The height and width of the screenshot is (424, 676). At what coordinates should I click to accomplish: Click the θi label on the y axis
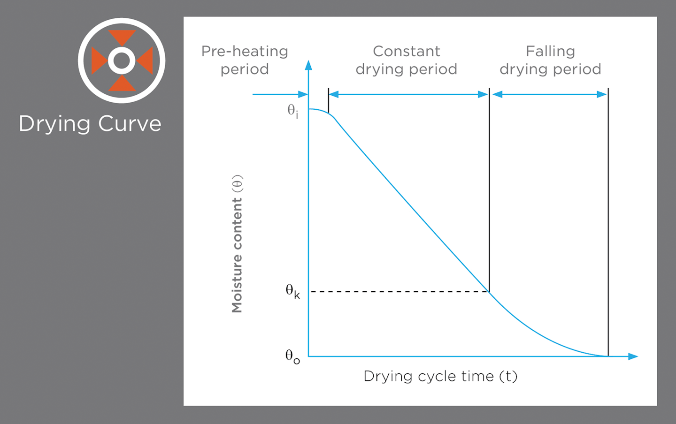pos(292,112)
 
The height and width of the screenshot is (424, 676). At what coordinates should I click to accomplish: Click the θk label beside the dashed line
pos(292,291)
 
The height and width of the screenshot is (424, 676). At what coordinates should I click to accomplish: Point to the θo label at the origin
pos(292,356)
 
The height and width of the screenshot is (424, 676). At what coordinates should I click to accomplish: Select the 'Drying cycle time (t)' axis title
pos(440,376)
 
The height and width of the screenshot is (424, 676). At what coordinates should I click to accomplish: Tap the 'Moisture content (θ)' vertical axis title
pos(238,243)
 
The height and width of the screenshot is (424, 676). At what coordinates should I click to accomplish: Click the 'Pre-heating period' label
pos(245,60)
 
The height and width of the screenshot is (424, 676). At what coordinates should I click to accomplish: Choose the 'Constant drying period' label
pos(406,60)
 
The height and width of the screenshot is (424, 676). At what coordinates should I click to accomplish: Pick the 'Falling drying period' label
pos(550,60)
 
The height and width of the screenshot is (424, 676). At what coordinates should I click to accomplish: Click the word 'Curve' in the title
pos(130,124)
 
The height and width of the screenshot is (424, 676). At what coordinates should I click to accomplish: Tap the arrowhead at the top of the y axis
pos(308,66)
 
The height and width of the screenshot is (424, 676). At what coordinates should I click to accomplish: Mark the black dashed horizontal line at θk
pos(399,292)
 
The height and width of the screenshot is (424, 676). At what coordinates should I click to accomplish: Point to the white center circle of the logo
pos(122,61)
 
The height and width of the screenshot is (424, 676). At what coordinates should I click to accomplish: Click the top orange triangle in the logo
pos(122,37)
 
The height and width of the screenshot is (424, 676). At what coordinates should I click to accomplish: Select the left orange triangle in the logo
pos(98,61)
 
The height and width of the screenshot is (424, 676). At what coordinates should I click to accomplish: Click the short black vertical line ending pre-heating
pos(328,100)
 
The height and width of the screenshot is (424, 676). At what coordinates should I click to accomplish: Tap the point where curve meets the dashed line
pos(489,292)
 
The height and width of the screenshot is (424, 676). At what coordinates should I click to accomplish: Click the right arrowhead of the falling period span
pos(602,94)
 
